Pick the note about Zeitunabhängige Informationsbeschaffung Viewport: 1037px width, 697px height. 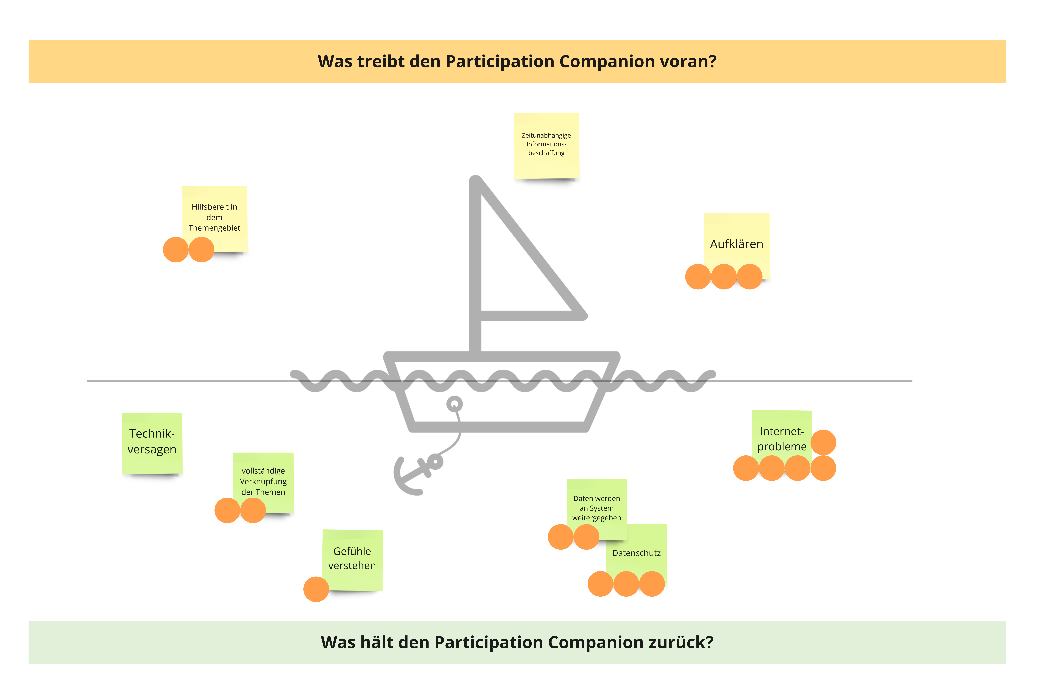point(546,144)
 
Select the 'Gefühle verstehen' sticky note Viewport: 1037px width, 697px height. point(352,558)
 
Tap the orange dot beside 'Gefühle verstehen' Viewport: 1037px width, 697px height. point(316,589)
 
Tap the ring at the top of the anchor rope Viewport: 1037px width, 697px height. point(454,404)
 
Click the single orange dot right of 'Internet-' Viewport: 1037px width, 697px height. point(823,442)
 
